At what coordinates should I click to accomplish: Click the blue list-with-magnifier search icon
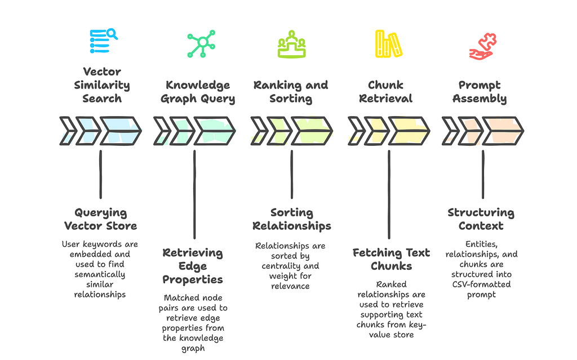click(x=104, y=41)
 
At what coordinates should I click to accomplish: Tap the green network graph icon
click(x=201, y=43)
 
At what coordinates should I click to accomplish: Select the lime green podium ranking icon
click(x=291, y=44)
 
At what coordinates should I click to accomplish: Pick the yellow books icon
click(x=389, y=44)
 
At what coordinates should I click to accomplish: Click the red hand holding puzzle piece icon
click(x=483, y=46)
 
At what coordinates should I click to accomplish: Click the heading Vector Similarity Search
click(x=102, y=85)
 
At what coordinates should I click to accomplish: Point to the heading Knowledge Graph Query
click(x=198, y=92)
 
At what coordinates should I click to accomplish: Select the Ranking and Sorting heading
click(x=291, y=92)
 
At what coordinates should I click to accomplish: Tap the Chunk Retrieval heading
click(x=385, y=92)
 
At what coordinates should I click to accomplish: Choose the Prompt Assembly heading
click(x=480, y=92)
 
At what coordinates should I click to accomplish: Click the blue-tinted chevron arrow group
click(x=100, y=131)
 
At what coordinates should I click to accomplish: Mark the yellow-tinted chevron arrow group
click(x=389, y=131)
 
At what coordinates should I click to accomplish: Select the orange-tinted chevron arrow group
click(x=483, y=131)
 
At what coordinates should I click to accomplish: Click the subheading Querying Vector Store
click(x=100, y=219)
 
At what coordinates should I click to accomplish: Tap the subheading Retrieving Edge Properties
click(x=193, y=266)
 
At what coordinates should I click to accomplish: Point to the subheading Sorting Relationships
click(x=292, y=219)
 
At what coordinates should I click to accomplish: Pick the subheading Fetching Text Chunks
click(x=391, y=259)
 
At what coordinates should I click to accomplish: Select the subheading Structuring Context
click(x=481, y=219)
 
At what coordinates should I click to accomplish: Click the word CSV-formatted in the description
click(x=481, y=284)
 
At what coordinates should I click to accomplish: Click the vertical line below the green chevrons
click(x=194, y=194)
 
